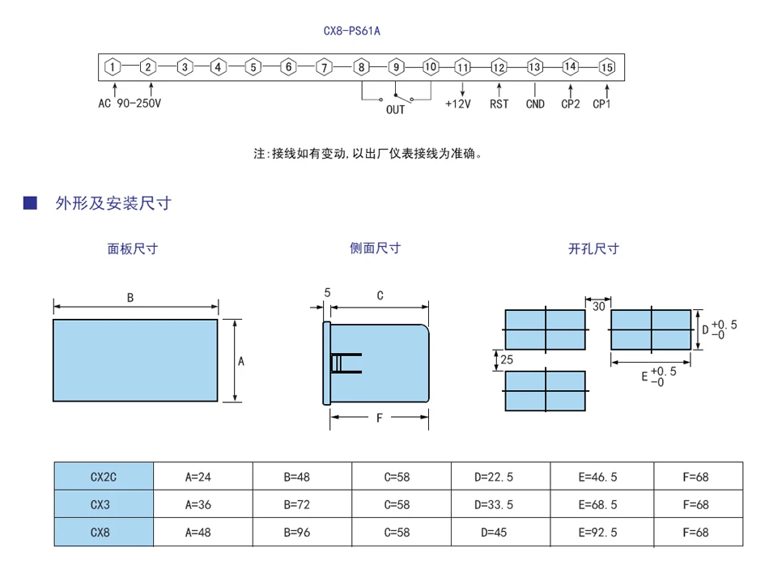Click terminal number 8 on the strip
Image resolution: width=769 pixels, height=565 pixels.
point(362,67)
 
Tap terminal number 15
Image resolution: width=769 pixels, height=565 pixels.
point(606,67)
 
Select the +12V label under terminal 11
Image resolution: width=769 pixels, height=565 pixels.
point(457,104)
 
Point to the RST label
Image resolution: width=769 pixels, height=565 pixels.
point(499,104)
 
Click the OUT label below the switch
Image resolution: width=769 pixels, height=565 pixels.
point(395,109)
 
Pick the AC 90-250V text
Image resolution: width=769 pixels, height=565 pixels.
point(130,104)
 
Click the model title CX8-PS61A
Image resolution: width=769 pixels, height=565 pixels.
point(351,31)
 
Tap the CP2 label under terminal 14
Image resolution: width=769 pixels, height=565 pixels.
point(571,104)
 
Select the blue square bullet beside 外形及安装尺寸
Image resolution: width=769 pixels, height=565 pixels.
point(30,202)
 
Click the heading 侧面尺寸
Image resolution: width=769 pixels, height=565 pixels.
point(375,249)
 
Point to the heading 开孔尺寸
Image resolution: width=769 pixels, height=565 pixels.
point(593,249)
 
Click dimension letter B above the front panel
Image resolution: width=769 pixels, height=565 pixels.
point(130,297)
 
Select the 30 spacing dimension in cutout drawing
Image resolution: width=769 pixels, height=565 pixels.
point(598,307)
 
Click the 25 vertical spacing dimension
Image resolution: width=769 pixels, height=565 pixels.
point(507,359)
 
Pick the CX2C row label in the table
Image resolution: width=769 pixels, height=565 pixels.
point(104,477)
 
